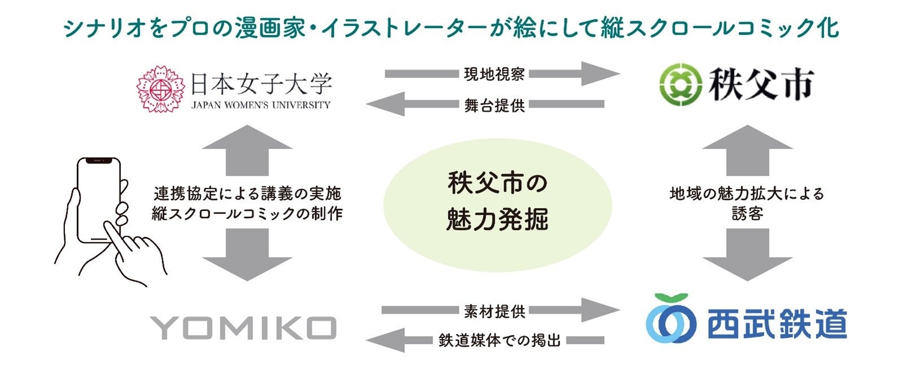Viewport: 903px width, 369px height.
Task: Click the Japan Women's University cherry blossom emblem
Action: (161, 89)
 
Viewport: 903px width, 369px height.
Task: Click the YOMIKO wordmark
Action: (243, 328)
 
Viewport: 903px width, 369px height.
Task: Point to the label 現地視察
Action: (494, 74)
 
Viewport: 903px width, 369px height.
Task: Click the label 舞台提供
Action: (494, 105)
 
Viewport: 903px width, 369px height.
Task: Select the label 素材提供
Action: (494, 310)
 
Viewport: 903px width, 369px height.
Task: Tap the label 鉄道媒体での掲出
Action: (500, 341)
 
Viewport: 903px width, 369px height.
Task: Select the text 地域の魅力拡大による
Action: (747, 194)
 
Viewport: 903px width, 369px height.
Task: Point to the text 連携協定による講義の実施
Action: (247, 194)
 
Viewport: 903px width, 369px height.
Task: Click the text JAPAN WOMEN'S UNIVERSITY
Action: (261, 106)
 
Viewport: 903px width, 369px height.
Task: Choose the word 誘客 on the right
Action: (747, 214)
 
